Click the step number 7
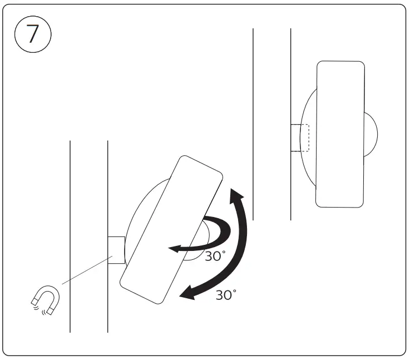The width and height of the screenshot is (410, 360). coord(33,34)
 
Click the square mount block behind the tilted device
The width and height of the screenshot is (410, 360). coord(116,249)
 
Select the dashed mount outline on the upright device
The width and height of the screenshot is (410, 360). coord(304,137)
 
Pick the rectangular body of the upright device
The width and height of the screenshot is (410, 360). coord(340,134)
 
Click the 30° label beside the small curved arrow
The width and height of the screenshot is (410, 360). coord(215,257)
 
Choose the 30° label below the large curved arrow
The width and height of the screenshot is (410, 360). coord(226,295)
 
